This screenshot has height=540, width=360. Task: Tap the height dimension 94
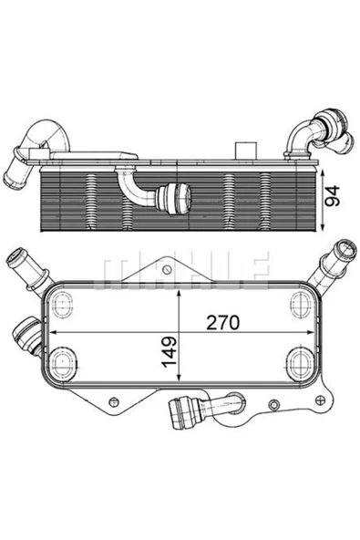tap(335, 195)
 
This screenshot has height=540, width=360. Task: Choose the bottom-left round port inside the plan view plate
tap(62, 362)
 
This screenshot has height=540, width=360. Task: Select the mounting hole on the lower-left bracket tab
tap(111, 400)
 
